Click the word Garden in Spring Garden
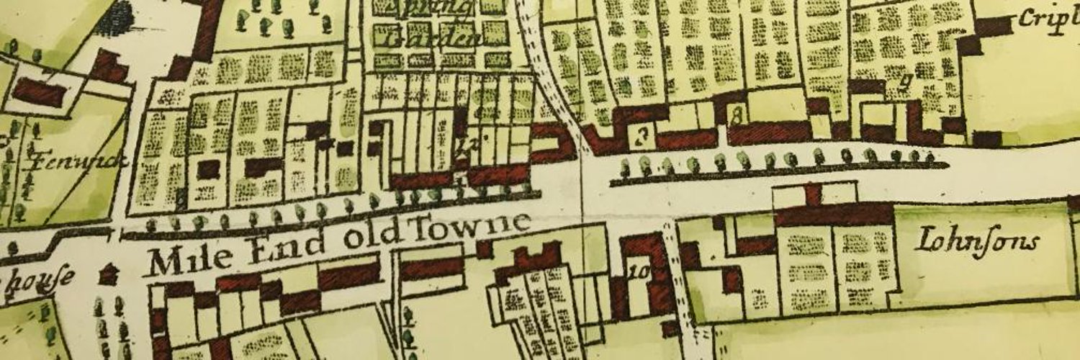pos(432,37)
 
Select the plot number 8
pos(736,114)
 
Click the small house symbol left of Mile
pos(108,273)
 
